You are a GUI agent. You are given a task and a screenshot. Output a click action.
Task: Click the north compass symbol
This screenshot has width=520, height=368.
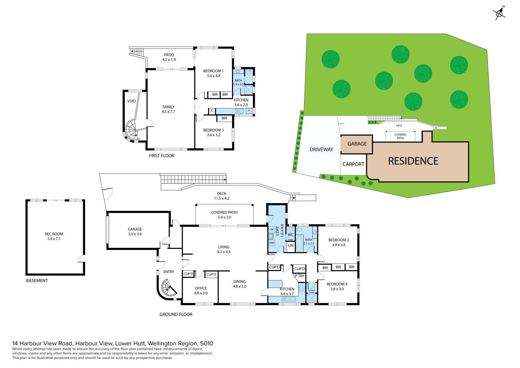(x=499, y=13)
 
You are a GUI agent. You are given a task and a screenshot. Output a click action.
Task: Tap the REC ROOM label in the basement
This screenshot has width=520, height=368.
(x=54, y=234)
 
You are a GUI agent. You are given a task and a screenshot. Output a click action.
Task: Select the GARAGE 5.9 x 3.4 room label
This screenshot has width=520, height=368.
(x=135, y=232)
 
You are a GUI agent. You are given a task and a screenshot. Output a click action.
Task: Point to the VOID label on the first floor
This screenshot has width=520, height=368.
(x=131, y=101)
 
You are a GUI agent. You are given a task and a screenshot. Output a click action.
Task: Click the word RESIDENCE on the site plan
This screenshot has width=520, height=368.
(x=413, y=161)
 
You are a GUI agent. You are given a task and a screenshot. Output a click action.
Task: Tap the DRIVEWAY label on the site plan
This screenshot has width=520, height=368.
(x=321, y=149)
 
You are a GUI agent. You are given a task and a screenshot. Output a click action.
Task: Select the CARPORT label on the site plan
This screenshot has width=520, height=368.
(x=353, y=164)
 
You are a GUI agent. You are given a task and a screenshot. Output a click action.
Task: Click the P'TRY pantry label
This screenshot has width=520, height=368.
(x=299, y=276)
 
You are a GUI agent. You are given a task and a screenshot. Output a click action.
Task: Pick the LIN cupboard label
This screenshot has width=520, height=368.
(x=291, y=245)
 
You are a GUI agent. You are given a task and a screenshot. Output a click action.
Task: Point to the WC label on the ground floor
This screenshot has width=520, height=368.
(x=291, y=235)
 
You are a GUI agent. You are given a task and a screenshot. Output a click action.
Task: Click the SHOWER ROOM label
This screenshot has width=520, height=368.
(x=312, y=291)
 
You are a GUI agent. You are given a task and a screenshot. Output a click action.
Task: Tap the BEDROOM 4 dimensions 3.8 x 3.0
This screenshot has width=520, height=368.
(x=337, y=289)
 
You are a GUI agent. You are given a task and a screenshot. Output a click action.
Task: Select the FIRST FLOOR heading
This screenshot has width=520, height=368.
(x=162, y=156)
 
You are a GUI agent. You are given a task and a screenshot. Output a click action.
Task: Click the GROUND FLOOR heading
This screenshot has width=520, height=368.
(x=176, y=315)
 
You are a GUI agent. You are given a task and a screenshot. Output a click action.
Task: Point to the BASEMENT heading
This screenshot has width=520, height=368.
(x=37, y=280)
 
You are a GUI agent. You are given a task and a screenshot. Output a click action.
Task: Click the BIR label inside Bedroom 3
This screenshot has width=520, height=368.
(x=224, y=118)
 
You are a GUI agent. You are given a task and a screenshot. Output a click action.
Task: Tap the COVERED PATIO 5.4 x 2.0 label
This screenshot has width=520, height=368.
(x=224, y=214)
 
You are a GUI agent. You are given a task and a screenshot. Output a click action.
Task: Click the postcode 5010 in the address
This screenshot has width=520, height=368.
(x=207, y=343)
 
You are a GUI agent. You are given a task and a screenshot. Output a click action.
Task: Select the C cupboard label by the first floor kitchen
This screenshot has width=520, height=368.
(x=212, y=111)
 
